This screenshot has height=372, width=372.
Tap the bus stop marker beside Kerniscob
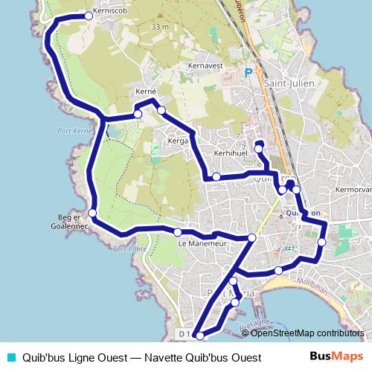coord(89,16)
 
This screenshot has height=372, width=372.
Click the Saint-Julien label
coord(286,83)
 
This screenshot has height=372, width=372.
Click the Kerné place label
coord(146,92)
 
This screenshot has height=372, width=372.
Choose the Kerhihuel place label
coord(229,152)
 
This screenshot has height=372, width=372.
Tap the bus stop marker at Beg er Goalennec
coord(92,214)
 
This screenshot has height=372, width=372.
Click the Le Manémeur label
coord(202,243)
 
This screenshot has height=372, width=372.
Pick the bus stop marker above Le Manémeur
coord(179,232)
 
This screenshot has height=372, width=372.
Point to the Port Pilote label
coord(126,250)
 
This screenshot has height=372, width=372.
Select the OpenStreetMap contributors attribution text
coord(307,333)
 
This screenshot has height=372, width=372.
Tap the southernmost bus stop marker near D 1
coord(199,336)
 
